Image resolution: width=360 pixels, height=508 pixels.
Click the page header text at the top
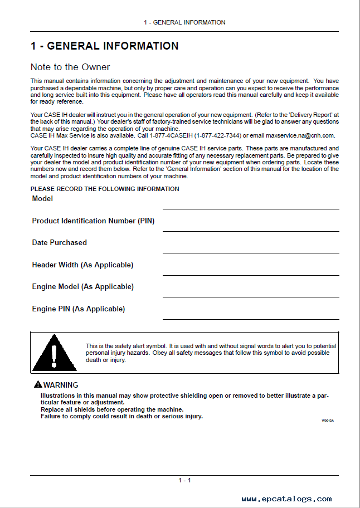click(184, 22)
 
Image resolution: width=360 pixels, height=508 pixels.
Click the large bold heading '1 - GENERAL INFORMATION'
click(105, 46)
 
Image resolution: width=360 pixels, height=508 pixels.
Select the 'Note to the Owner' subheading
click(70, 67)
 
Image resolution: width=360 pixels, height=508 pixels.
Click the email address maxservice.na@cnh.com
click(300, 135)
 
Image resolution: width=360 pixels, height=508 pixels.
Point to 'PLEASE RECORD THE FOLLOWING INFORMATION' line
click(105, 189)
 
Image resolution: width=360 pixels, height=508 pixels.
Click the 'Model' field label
click(42, 199)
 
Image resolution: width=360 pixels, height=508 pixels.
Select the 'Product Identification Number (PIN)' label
click(93, 221)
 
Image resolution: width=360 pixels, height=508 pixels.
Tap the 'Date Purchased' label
click(60, 243)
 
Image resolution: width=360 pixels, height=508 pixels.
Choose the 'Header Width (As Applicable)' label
click(82, 265)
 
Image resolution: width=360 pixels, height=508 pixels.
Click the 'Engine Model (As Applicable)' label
click(82, 287)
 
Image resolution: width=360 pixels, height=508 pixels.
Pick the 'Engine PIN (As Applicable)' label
click(79, 309)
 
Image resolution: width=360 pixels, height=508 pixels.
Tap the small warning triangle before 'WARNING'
click(37, 385)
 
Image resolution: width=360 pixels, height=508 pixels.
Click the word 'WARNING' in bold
click(61, 385)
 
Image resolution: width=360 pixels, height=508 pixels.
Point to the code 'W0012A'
click(327, 421)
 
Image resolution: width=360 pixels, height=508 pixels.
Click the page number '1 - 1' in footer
click(184, 481)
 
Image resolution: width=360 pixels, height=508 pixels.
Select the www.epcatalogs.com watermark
click(286, 499)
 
